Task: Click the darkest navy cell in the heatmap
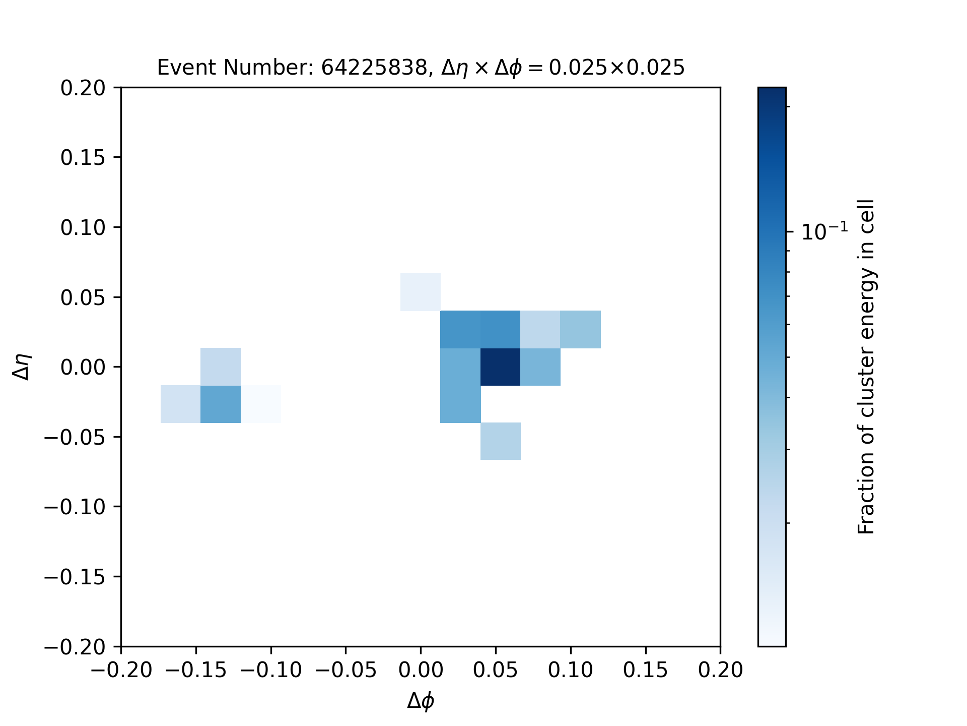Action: point(501,367)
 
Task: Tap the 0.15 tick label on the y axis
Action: point(83,158)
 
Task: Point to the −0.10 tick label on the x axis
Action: point(271,670)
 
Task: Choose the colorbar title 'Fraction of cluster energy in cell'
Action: point(866,367)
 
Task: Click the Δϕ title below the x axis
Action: point(421,701)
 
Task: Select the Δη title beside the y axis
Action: point(23,367)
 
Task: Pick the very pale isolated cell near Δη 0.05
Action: point(421,292)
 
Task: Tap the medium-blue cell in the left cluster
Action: point(221,404)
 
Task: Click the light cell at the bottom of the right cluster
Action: point(501,441)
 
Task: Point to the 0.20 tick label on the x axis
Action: point(721,670)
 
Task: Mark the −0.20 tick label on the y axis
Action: point(75,647)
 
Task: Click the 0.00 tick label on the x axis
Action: point(421,670)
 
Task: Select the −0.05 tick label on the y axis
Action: point(75,437)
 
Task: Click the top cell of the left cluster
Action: point(221,367)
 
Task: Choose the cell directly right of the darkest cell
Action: point(540,367)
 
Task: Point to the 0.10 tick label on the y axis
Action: point(83,228)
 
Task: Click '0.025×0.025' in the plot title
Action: point(616,68)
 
